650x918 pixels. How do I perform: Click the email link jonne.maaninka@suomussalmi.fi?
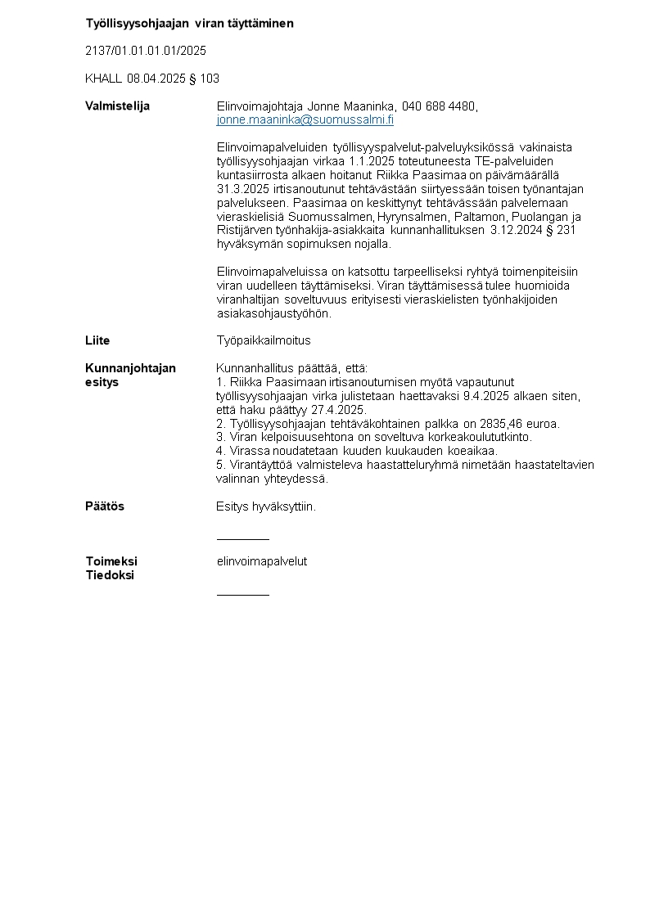point(305,119)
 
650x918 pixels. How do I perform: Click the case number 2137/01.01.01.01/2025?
point(146,51)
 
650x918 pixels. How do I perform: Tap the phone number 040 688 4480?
point(439,106)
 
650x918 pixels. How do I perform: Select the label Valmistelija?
point(117,106)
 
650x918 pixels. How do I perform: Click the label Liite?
point(97,340)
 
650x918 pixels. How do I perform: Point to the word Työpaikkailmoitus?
point(264,340)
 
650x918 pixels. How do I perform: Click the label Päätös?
point(105,506)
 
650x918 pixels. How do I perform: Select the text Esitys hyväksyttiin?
point(266,506)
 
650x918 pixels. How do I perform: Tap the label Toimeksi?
point(111,561)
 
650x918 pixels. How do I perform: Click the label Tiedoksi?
point(110,575)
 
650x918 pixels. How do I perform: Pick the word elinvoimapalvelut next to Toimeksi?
point(262,561)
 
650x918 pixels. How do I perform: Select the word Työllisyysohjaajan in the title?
point(131,24)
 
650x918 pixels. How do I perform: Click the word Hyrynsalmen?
point(410,217)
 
